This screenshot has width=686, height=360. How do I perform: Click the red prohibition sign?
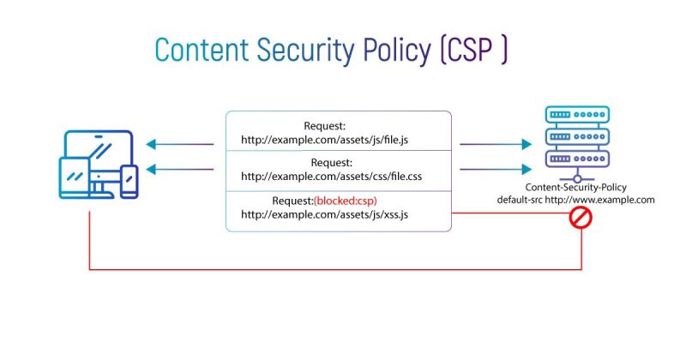pyautogui.click(x=582, y=220)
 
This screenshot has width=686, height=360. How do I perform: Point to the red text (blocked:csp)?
pyautogui.click(x=346, y=201)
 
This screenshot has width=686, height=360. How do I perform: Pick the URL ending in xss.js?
pyautogui.click(x=324, y=214)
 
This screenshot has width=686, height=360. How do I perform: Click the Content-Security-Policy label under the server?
pyautogui.click(x=576, y=188)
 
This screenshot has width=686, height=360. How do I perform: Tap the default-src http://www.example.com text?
pyautogui.click(x=576, y=200)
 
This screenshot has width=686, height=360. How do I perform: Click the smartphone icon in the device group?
pyautogui.click(x=129, y=182)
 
